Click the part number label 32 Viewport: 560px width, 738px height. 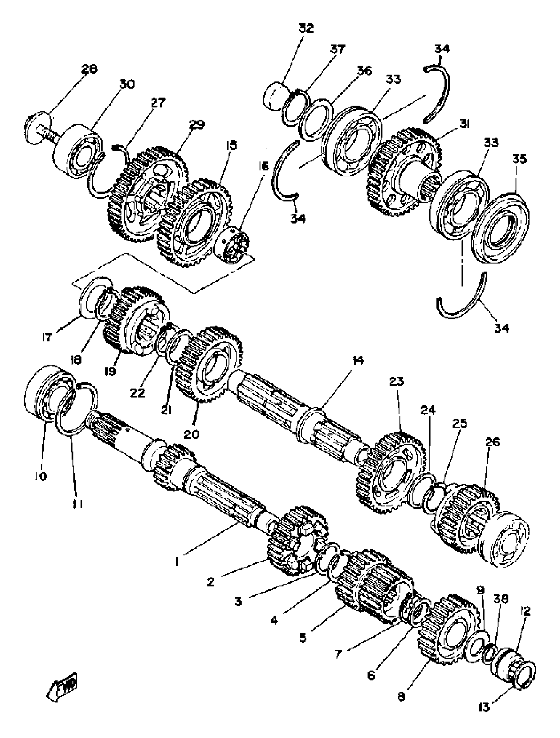click(306, 28)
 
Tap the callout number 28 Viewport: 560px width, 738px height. click(89, 69)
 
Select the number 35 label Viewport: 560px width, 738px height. click(519, 159)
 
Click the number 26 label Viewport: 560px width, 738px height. click(493, 442)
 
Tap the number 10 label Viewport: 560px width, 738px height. click(40, 476)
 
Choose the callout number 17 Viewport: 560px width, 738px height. click(47, 337)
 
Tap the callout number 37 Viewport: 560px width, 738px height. click(338, 49)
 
